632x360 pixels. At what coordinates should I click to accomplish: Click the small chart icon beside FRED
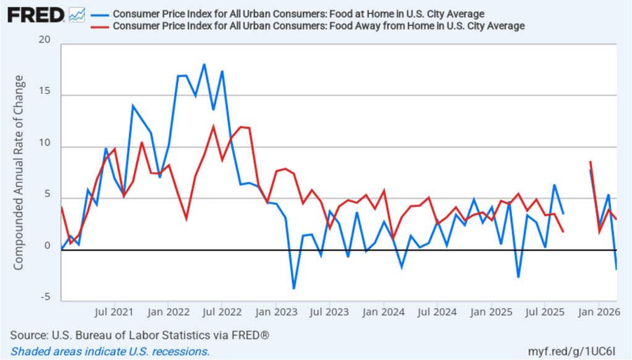(77, 15)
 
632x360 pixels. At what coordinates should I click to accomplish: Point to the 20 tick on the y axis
(44, 40)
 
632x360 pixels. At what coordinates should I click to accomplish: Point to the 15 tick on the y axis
(44, 94)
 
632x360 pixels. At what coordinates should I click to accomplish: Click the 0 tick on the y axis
(47, 246)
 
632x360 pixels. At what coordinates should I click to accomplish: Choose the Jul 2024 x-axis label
(437, 312)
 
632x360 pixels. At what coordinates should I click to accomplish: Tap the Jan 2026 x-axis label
(598, 312)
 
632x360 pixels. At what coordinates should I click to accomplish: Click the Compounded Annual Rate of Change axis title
(19, 172)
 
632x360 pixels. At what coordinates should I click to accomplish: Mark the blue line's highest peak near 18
(204, 64)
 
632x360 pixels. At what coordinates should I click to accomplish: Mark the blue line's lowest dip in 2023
(294, 288)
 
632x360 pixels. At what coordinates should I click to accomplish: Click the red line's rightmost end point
(616, 219)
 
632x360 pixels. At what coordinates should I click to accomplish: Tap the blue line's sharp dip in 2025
(518, 277)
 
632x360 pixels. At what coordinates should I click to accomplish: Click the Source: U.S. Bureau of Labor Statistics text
(140, 335)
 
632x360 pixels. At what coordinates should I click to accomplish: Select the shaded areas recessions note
(111, 351)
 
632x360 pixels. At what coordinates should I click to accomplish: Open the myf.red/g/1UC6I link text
(577, 351)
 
